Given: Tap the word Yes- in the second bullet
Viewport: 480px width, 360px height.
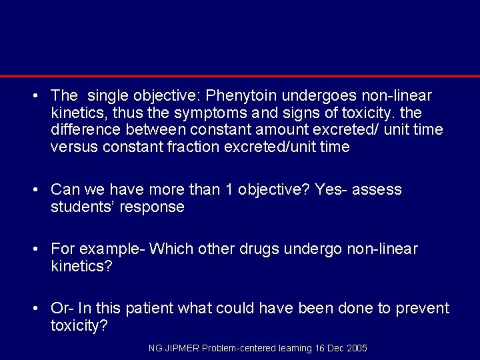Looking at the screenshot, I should click(331, 190).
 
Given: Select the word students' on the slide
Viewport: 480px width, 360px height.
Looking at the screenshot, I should click(82, 207).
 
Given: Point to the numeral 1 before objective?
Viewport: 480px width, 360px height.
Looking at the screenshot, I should click(229, 190).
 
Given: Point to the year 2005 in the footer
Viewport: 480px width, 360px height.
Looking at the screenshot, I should click(357, 349).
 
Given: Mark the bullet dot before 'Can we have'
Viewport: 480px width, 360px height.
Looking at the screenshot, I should click(33, 190).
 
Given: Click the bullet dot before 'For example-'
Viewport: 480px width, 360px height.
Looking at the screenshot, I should click(33, 249).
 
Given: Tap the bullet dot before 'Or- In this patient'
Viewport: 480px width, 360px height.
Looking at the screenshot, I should click(33, 309).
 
